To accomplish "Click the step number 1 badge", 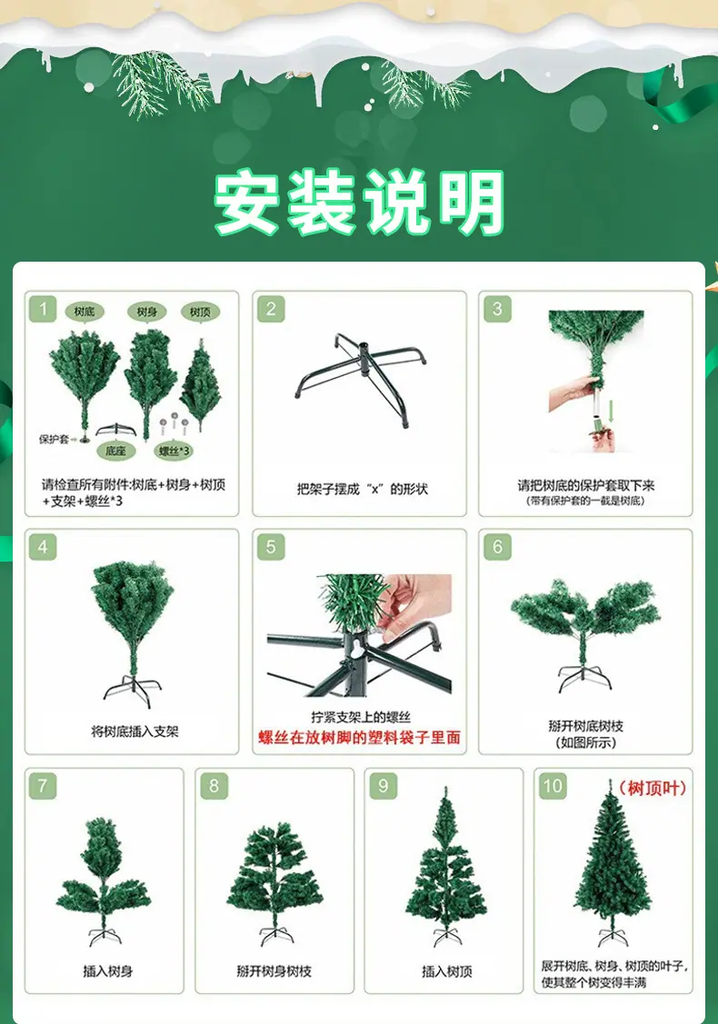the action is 43,309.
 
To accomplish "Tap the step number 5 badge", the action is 271,547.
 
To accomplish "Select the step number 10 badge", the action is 552,786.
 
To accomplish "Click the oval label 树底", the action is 85,312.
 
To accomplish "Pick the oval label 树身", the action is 147,313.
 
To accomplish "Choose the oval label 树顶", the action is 200,313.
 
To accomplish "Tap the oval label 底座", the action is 115,451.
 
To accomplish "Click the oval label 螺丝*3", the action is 174,451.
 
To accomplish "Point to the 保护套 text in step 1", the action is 54,439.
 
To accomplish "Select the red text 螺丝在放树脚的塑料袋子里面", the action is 359,738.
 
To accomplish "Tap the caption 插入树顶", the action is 447,972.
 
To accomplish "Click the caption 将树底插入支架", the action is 135,731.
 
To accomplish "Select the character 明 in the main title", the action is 472,202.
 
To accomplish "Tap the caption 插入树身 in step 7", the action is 108,972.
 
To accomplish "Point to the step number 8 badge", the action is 214,786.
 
